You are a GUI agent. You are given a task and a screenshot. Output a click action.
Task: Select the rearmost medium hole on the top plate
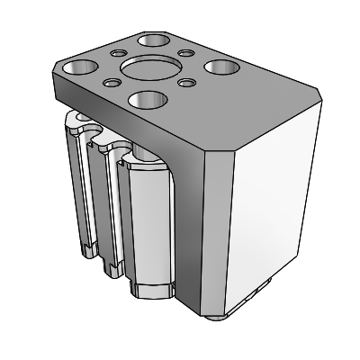155,40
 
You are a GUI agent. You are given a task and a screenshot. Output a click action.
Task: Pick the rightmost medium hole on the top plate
220,67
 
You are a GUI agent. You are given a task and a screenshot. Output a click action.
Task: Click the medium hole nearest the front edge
146,99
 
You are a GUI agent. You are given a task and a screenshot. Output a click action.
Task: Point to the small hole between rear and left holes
118,53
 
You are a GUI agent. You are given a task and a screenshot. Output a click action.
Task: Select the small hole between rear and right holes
186,52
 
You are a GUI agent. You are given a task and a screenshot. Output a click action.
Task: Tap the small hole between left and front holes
111,84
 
